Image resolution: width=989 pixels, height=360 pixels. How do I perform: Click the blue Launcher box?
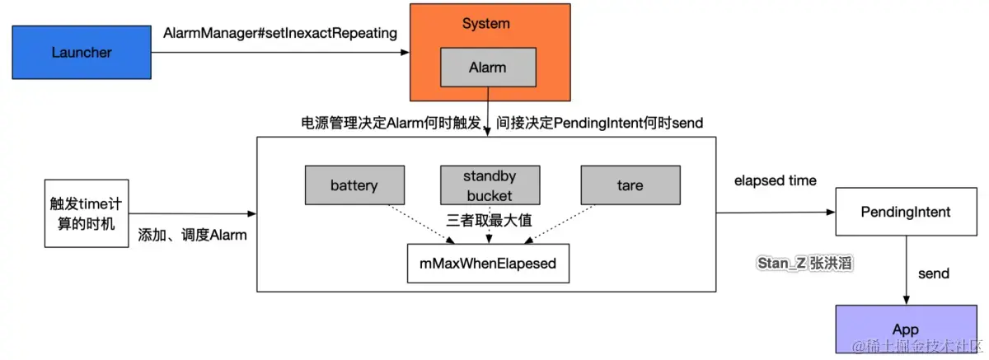82,52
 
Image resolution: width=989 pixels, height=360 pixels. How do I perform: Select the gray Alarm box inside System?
488,67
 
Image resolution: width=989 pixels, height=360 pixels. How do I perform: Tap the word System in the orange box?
486,23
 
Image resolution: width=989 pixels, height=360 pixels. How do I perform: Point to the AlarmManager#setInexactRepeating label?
280,33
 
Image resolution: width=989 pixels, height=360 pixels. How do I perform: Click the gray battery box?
354,185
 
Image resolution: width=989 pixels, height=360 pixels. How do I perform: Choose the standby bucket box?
490,185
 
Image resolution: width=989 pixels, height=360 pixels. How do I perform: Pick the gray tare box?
630,185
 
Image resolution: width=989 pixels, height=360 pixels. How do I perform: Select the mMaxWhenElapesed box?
488,264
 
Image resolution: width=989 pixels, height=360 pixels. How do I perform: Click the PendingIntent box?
906,212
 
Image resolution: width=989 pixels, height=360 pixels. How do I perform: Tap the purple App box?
906,329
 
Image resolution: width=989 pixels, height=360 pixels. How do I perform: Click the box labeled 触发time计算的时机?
87,213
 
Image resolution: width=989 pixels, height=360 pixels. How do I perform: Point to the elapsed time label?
776,180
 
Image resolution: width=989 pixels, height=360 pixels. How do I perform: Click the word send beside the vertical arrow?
933,274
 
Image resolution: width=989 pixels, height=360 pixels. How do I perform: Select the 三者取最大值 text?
490,220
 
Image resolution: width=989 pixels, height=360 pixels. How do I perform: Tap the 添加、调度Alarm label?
192,235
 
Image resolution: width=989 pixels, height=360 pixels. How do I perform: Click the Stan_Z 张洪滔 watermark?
804,264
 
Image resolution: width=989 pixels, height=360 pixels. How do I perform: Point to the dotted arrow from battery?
421,224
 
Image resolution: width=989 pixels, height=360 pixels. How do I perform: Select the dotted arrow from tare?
560,224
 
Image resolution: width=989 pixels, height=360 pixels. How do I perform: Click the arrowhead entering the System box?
405,53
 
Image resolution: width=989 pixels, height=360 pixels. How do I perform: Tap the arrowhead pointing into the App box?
906,301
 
